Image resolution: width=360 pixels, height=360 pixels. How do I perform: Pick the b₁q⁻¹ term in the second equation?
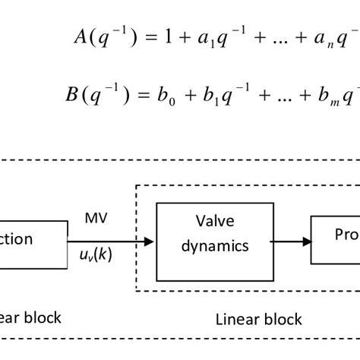point(226,96)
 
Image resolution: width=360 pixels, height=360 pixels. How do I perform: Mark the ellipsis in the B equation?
point(273,99)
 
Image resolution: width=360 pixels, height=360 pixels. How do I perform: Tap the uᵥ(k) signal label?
point(96,254)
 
